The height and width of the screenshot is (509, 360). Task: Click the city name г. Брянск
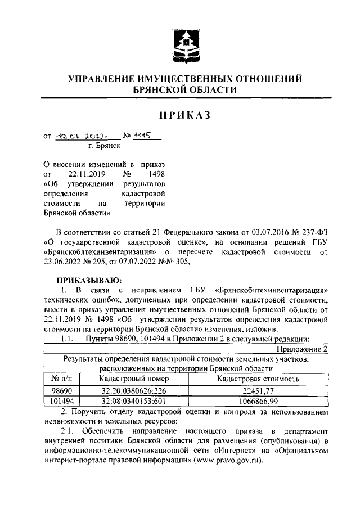tap(105, 146)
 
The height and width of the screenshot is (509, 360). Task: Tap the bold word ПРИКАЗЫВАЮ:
tap(88, 280)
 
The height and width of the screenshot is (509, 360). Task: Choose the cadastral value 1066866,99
tap(258, 400)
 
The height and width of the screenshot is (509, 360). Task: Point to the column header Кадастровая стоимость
tap(258, 379)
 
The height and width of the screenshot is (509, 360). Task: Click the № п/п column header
tap(62, 379)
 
